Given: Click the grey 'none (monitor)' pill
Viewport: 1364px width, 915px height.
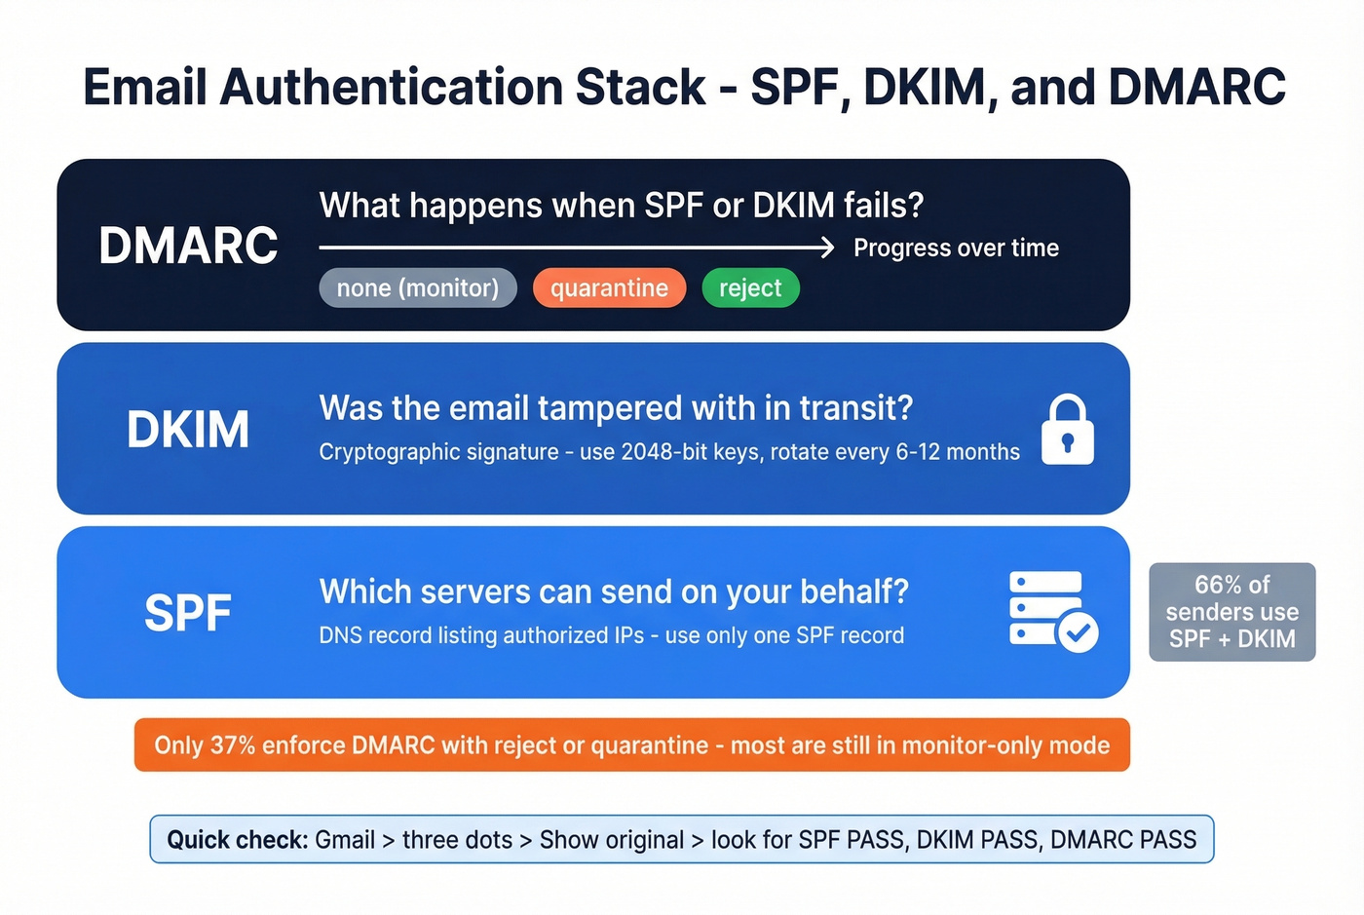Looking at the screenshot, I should coord(417,288).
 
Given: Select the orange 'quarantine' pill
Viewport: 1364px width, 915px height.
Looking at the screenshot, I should coord(609,288).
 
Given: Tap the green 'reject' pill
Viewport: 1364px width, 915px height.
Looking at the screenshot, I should coord(750,288).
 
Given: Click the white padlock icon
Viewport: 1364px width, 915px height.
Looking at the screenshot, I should coord(1067,430).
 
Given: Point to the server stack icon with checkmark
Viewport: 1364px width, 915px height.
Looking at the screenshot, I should coord(1052,611).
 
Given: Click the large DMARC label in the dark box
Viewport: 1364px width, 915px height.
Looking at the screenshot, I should coord(188,246).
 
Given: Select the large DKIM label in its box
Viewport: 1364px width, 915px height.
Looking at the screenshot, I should coord(188,430).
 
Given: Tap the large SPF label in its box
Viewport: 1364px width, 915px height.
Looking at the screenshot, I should coord(188,613).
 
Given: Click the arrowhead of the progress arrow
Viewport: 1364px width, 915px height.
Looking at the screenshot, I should coord(827,248).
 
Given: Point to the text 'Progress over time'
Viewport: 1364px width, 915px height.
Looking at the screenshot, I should coord(956,248).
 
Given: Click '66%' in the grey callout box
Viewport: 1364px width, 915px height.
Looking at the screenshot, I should coord(1217,585).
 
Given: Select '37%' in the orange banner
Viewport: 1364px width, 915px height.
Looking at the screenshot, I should coord(233,745).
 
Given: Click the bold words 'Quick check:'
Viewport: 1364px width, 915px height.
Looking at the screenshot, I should coord(237,840).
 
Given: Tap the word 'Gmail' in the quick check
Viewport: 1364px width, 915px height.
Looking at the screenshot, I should coord(345,840).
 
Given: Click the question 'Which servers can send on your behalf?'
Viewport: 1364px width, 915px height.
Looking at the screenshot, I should coord(614,591).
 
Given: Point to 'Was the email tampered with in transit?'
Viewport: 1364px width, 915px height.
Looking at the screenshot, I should coord(616,408).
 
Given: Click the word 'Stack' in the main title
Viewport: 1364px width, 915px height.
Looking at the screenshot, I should coord(640,88).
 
